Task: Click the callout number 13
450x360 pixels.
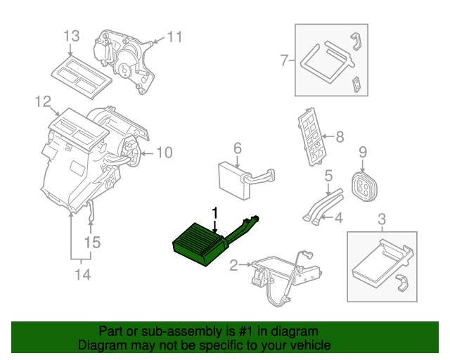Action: click(x=72, y=36)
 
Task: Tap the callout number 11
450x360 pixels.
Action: click(x=174, y=37)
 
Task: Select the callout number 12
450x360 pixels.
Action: click(x=44, y=103)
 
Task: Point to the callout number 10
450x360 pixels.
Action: click(x=163, y=152)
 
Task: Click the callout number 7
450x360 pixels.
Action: click(x=285, y=60)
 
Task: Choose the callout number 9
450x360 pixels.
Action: click(x=363, y=151)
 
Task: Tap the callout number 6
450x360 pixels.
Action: click(x=237, y=148)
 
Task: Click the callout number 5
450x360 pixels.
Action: click(x=328, y=176)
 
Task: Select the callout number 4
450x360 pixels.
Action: click(x=338, y=218)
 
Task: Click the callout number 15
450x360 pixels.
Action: click(x=92, y=243)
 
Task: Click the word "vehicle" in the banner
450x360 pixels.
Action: click(x=310, y=345)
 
